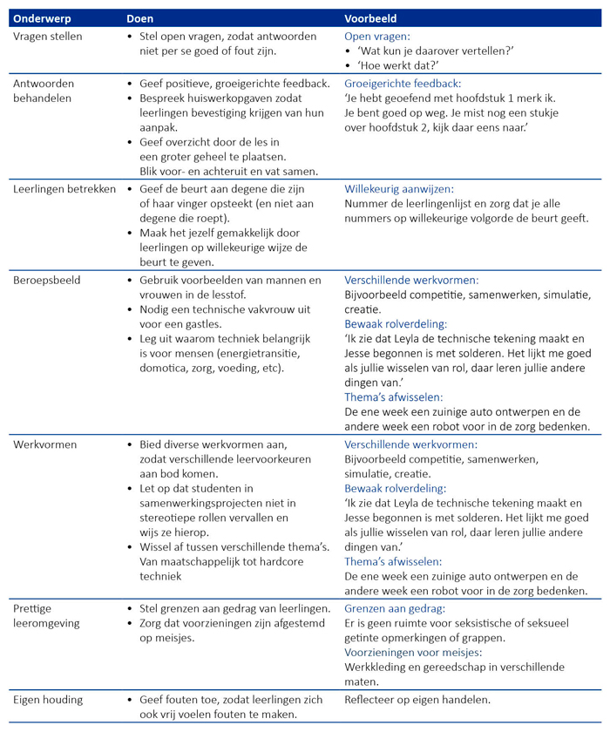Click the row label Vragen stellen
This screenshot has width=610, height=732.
(x=50, y=37)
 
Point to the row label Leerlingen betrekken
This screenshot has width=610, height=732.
(x=64, y=189)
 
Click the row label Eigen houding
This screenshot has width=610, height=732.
(x=48, y=699)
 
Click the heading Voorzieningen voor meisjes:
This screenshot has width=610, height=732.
(x=414, y=651)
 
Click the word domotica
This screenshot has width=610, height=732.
(x=166, y=369)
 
